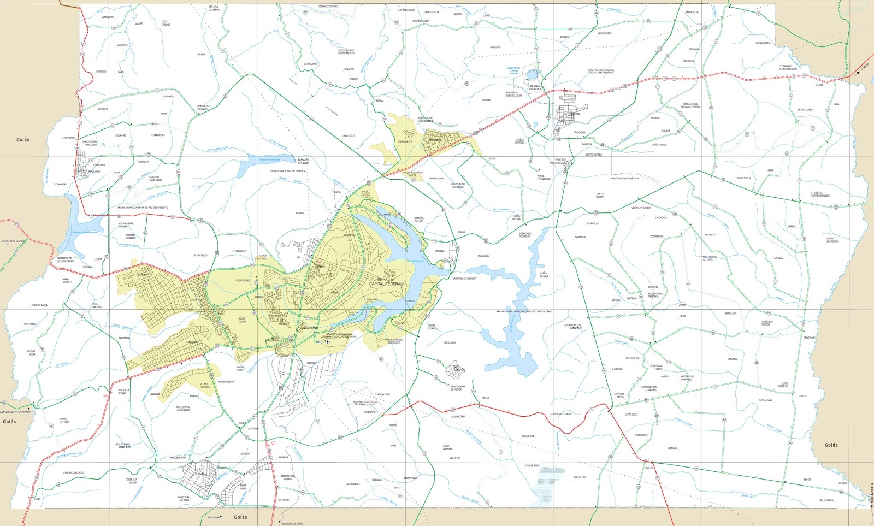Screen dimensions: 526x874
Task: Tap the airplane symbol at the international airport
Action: (327, 341)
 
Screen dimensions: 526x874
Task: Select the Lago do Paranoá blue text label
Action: (415, 261)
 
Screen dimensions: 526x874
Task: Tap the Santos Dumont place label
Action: (600, 195)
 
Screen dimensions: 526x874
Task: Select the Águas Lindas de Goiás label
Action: (13, 241)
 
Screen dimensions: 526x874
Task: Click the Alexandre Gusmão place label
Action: (126, 224)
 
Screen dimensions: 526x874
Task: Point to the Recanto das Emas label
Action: (204, 385)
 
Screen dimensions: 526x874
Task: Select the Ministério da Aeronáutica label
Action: (624, 178)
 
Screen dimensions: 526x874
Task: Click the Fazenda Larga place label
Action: (763, 43)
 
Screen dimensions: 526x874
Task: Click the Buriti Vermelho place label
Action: (784, 385)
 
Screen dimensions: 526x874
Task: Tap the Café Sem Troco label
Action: (619, 395)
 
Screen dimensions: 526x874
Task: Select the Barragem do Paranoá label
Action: (464, 279)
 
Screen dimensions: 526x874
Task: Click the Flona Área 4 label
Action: (158, 135)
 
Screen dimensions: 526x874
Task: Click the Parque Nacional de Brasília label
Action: (288, 171)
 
